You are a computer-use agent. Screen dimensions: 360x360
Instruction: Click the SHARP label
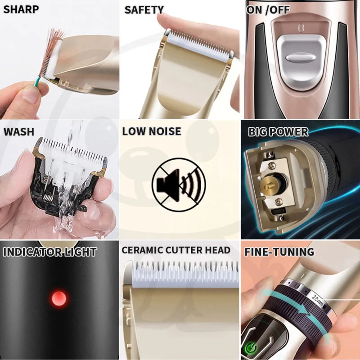tap(21, 9)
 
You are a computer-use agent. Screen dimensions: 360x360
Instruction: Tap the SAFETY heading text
tap(144, 10)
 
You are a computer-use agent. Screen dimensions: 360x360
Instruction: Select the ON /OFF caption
tap(268, 10)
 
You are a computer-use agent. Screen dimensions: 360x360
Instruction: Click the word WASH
tap(19, 132)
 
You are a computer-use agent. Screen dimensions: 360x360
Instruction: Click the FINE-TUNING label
tap(279, 252)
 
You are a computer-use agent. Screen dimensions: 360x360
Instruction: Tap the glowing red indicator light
tap(59, 299)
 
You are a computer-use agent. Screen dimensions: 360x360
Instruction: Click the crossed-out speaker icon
tap(179, 184)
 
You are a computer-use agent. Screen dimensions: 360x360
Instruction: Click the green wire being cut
tap(37, 82)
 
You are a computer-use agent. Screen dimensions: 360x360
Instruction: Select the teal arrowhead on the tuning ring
tap(303, 309)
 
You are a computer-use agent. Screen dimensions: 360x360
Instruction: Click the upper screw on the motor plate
tap(272, 165)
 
